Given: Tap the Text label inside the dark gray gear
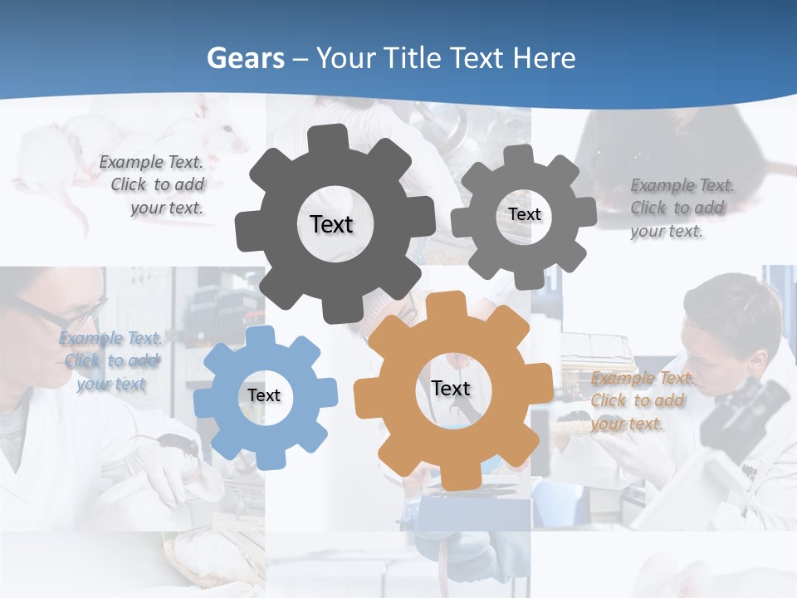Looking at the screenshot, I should [331, 224].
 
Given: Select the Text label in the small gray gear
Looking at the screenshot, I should [525, 214].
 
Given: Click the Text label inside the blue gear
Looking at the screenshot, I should [264, 395].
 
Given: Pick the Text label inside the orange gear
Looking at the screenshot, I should [450, 388].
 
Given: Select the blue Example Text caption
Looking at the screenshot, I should [110, 361].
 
